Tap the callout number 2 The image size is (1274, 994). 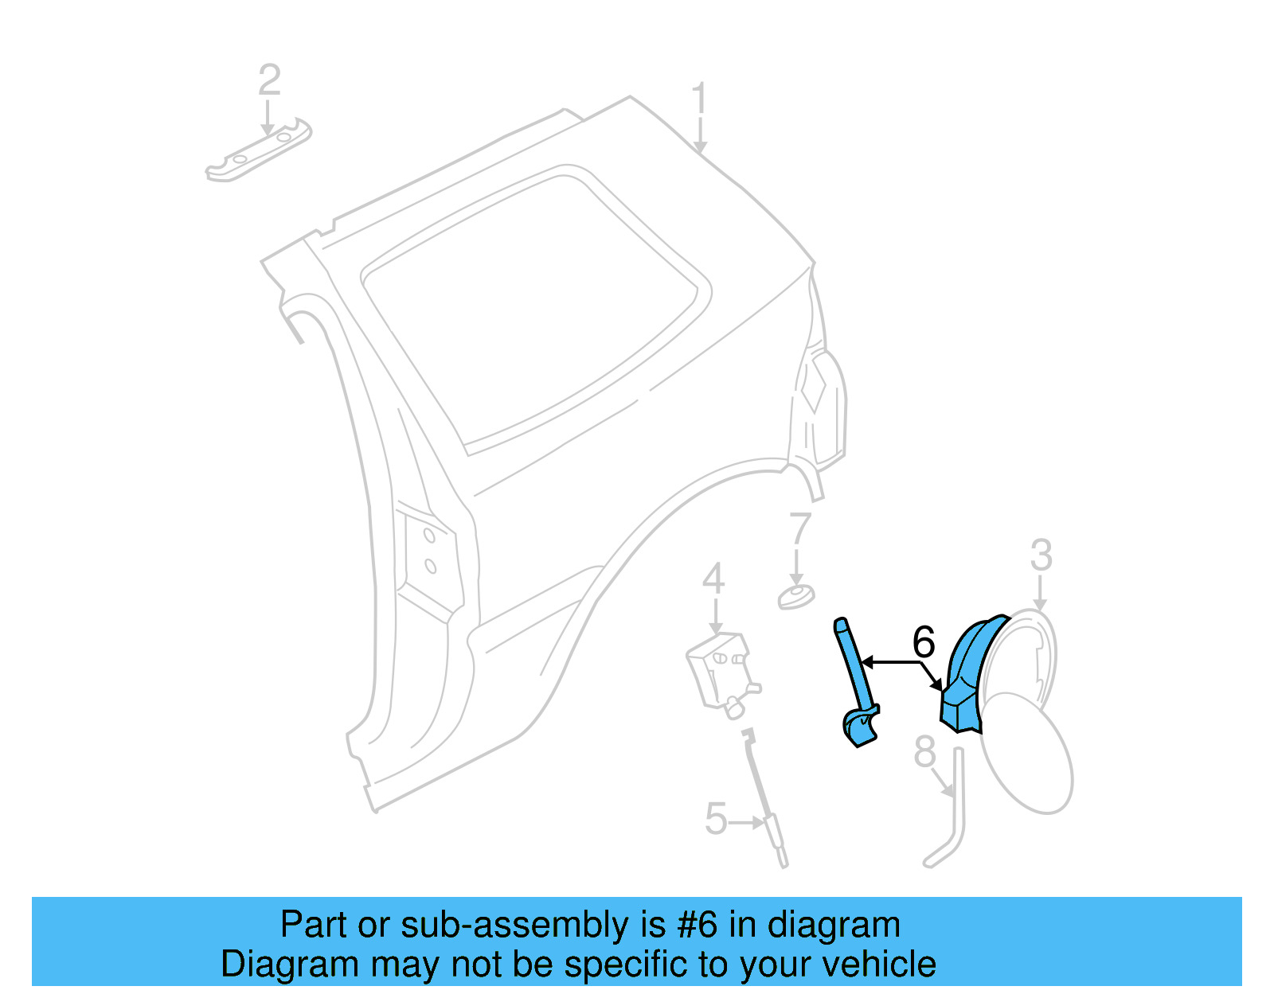270,80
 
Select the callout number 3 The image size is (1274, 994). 1041,555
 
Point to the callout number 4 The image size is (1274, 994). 713,579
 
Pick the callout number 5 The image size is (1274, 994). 716,819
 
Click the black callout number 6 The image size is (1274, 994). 924,641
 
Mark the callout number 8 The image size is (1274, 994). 924,752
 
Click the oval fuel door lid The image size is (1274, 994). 1027,752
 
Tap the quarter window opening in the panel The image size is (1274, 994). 533,310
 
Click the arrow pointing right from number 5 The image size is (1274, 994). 748,822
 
